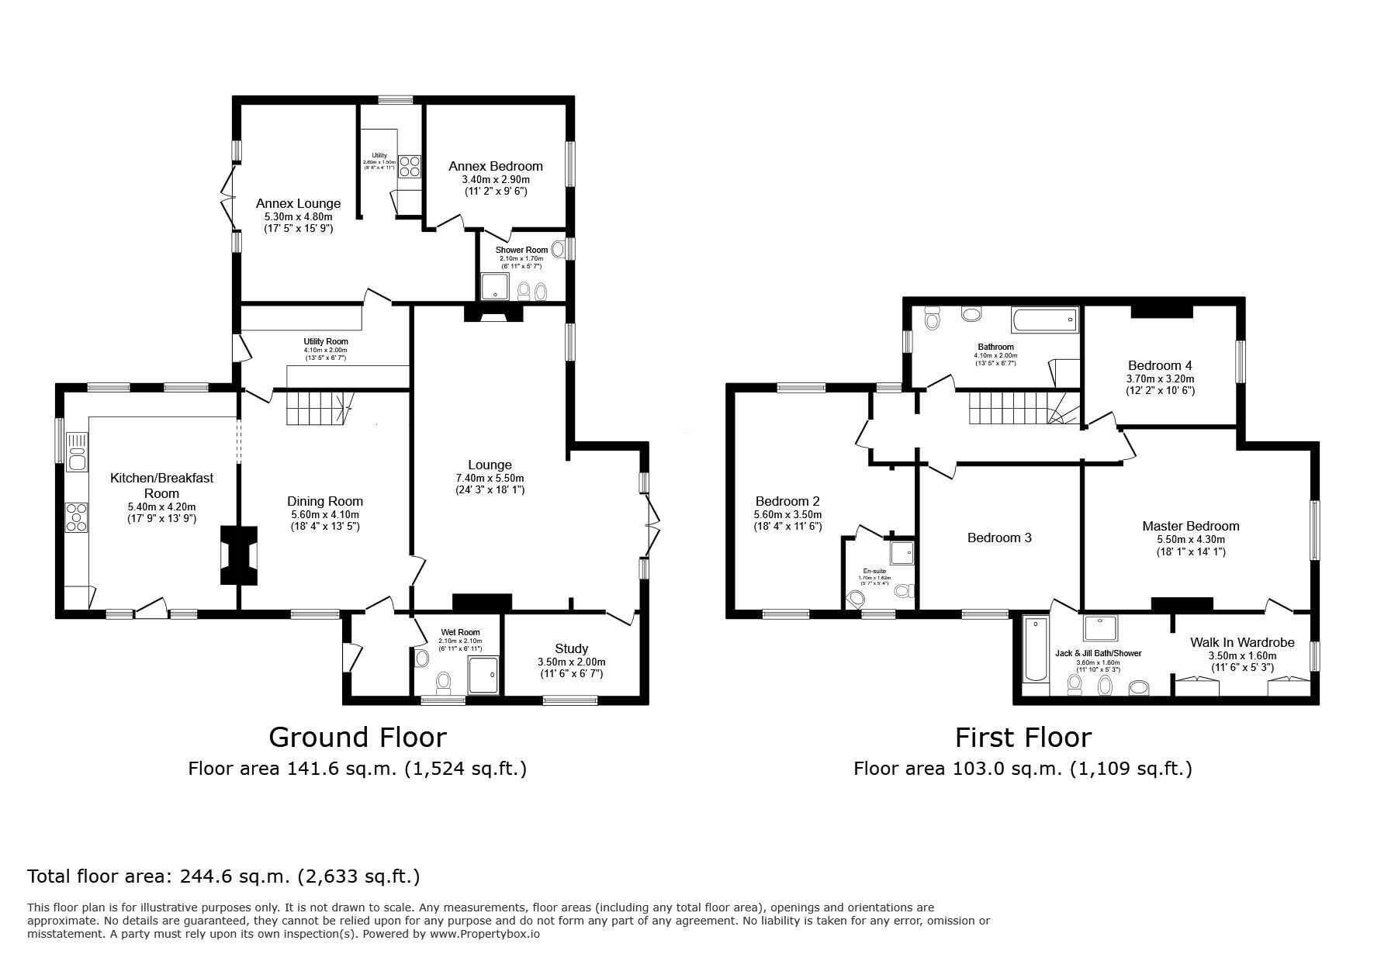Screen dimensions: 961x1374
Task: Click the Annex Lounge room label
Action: [x=299, y=204]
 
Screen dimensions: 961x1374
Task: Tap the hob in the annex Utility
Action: [x=409, y=166]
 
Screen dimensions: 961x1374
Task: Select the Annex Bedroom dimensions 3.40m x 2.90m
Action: [x=495, y=179]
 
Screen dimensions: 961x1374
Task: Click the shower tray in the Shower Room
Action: [x=493, y=287]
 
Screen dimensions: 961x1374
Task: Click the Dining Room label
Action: [x=325, y=501]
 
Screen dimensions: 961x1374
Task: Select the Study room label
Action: [x=571, y=648]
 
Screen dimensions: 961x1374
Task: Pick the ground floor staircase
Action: [x=318, y=408]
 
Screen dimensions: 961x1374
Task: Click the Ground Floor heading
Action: [x=357, y=737]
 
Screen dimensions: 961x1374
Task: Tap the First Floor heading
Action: [x=1023, y=737]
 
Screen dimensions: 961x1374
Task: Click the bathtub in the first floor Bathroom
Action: [x=1043, y=319]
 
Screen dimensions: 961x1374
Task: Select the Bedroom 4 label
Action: [x=1160, y=365]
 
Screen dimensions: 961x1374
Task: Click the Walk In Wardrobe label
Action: [x=1242, y=642]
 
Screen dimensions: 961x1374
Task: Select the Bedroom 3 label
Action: [x=999, y=538]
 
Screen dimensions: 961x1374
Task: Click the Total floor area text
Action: [x=223, y=877]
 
